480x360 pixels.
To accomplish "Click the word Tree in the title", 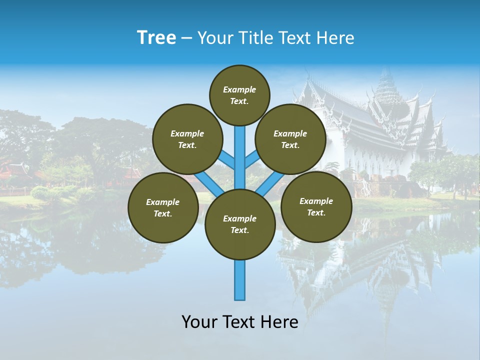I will click(x=156, y=38).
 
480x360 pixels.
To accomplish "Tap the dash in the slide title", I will click(x=186, y=38).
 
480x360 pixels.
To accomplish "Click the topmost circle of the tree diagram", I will click(x=239, y=95).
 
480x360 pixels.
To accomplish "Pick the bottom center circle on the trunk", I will click(x=240, y=224).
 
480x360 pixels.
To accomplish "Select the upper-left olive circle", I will click(x=187, y=139).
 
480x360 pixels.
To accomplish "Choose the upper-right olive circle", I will click(x=290, y=139).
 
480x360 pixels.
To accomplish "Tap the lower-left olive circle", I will click(x=163, y=207).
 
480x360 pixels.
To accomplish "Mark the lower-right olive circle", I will click(x=316, y=206).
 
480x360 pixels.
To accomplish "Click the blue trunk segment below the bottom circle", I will click(x=240, y=280).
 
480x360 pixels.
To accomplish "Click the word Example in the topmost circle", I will click(x=239, y=89).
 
